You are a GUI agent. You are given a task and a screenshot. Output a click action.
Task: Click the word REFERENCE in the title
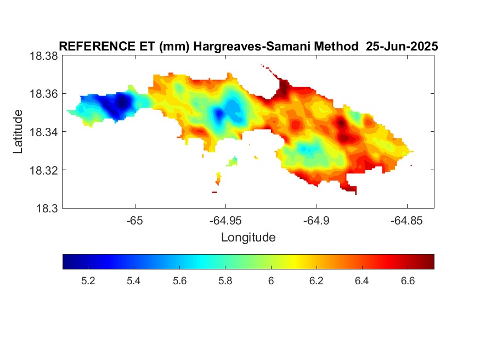click(x=97, y=47)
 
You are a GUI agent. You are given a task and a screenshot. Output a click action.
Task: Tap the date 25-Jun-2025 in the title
click(x=402, y=47)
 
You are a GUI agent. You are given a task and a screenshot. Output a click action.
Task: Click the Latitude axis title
click(x=18, y=132)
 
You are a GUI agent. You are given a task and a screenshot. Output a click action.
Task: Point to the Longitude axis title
click(x=249, y=238)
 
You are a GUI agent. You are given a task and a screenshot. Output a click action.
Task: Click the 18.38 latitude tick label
click(x=44, y=57)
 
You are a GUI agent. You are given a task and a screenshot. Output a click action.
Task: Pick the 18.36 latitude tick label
click(x=44, y=94)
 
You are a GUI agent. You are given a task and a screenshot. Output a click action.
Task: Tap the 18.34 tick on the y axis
click(x=44, y=132)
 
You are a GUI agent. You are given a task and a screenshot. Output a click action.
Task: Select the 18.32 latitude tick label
click(x=44, y=170)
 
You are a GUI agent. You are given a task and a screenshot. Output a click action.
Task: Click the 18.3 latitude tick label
click(x=47, y=209)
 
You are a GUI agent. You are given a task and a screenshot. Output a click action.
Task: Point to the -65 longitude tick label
click(x=135, y=221)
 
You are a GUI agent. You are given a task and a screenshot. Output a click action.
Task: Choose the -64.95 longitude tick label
click(x=225, y=221)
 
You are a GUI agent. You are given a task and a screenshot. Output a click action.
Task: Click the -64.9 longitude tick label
click(x=317, y=221)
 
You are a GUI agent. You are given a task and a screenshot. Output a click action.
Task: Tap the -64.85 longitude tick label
click(x=407, y=221)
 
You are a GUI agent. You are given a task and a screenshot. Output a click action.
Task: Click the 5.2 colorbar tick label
click(x=88, y=281)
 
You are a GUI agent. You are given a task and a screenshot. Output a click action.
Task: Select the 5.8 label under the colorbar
click(x=225, y=281)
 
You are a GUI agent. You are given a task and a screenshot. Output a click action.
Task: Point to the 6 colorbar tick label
click(x=271, y=281)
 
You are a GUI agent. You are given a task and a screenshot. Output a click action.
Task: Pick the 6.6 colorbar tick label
click(x=408, y=281)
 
